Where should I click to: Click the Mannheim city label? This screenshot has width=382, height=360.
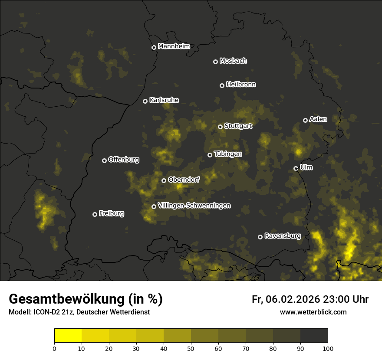(174, 46)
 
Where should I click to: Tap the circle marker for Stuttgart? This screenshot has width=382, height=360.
(220, 127)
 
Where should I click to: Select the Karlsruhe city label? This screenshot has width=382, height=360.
(164, 100)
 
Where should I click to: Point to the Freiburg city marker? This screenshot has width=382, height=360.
(95, 214)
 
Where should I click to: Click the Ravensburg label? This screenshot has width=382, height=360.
(282, 236)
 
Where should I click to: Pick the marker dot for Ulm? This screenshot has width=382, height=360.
(296, 168)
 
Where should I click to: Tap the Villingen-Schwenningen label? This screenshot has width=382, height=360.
(194, 206)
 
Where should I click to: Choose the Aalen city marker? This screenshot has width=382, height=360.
(305, 120)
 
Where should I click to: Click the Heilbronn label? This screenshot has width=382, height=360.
(241, 85)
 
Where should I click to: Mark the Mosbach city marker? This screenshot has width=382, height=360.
(215, 62)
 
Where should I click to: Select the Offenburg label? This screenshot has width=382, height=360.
(124, 160)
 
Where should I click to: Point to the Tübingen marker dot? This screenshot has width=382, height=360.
(210, 155)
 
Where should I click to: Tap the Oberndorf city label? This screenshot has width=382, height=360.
(184, 180)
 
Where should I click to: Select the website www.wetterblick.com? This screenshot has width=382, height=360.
(313, 312)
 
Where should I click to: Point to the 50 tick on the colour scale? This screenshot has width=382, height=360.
(191, 348)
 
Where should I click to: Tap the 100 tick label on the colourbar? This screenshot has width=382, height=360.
(328, 348)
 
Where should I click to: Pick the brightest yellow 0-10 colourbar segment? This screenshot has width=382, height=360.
(68, 336)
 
